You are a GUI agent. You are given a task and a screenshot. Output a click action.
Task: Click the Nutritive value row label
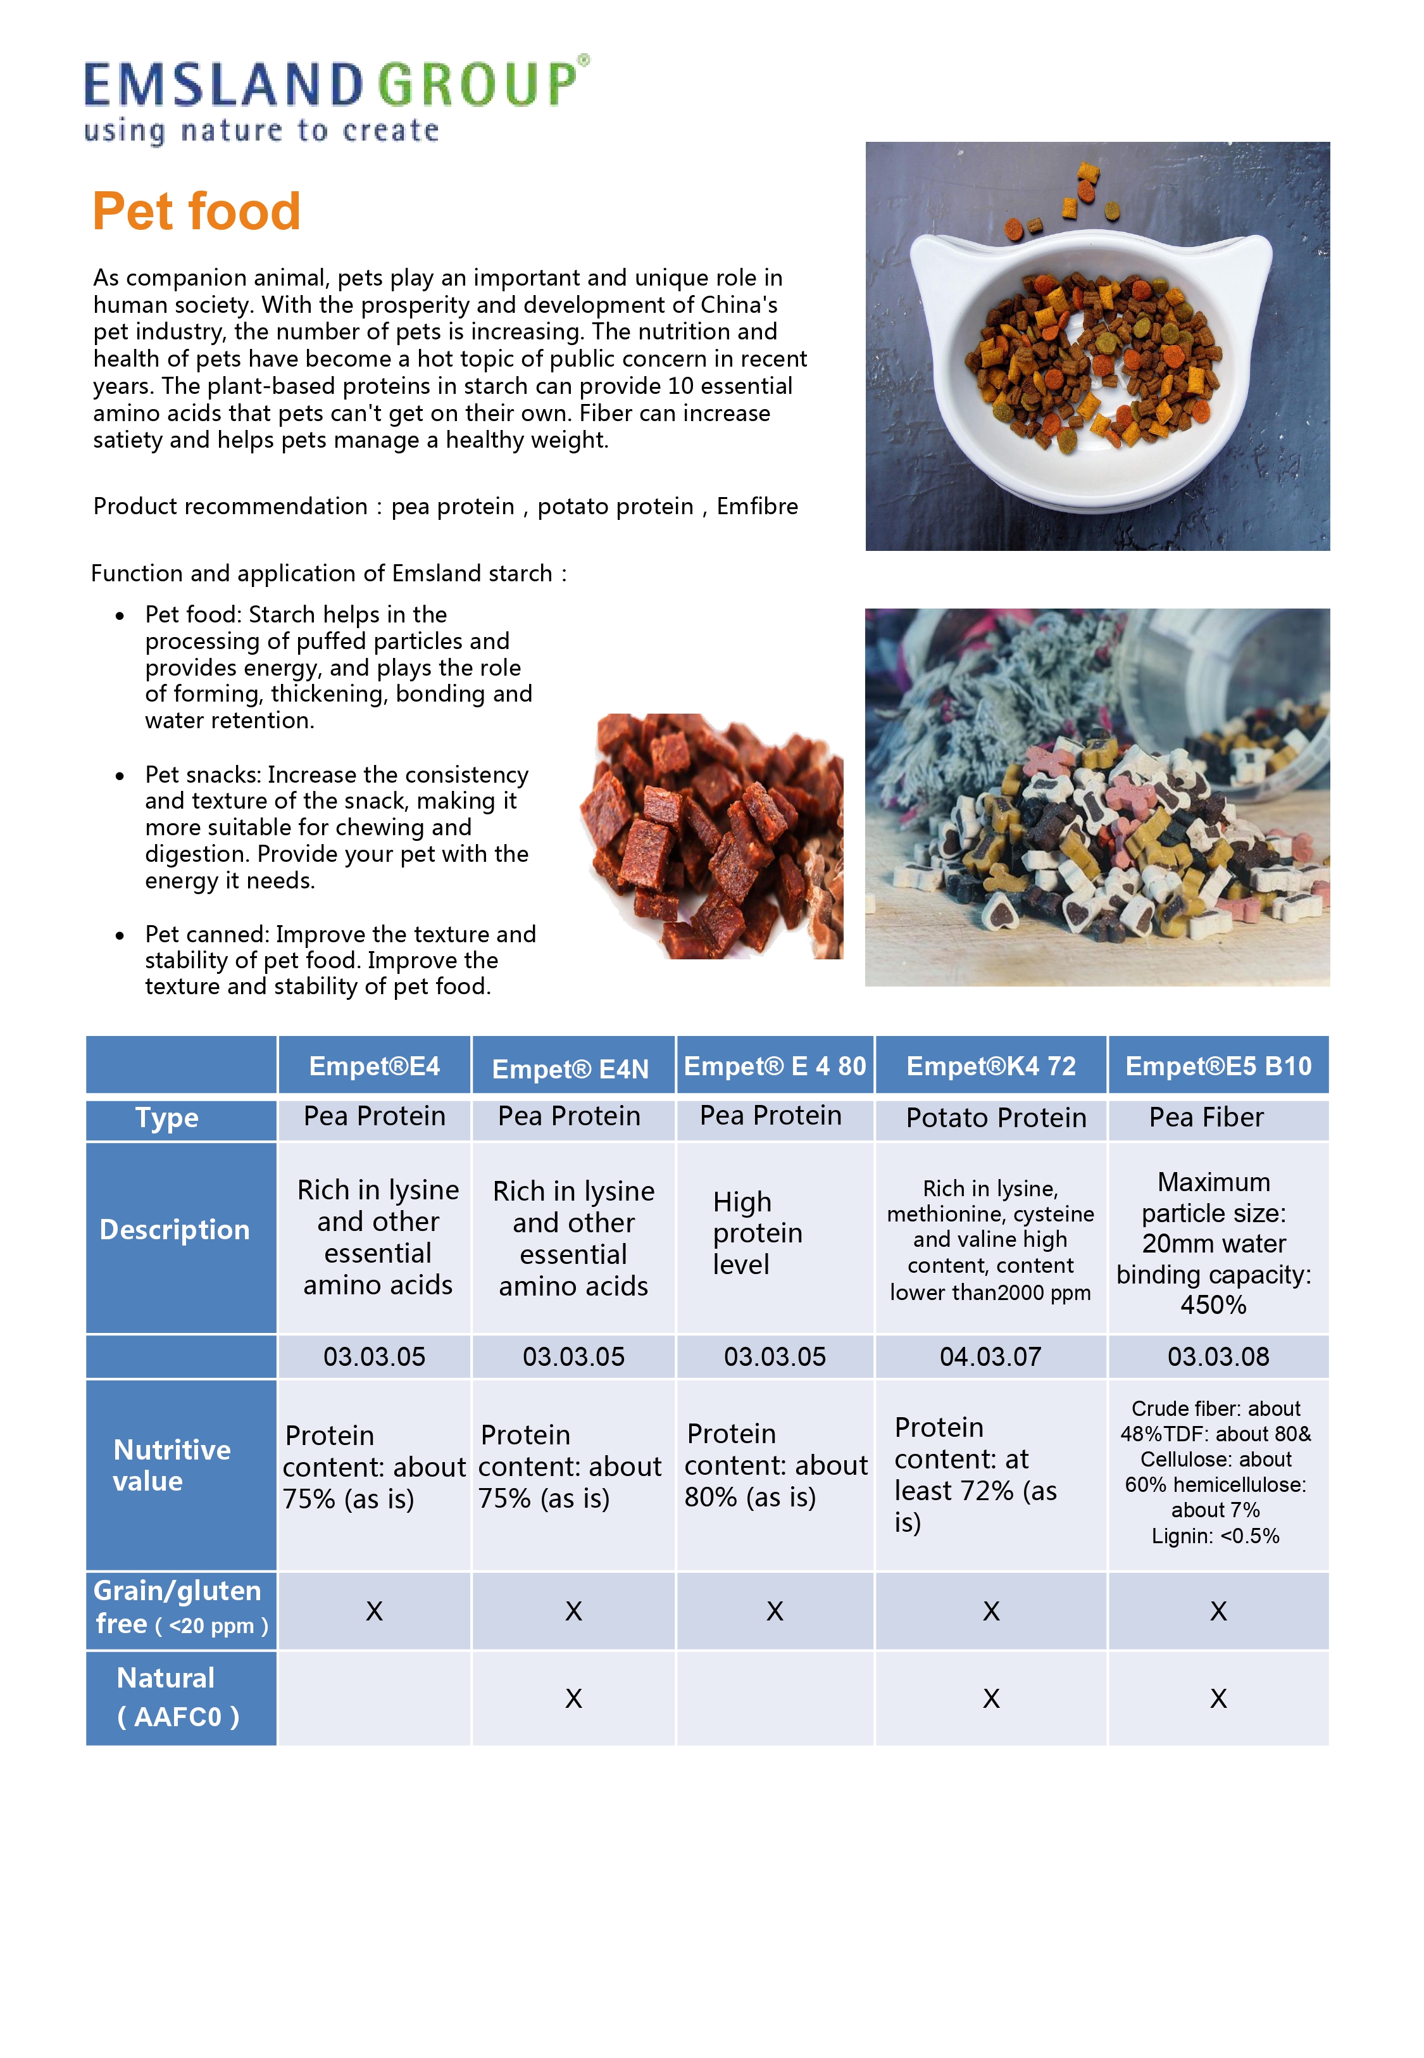(x=172, y=1465)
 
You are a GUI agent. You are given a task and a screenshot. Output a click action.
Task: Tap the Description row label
(x=175, y=1230)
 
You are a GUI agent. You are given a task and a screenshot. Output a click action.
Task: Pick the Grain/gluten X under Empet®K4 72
(x=990, y=1611)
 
